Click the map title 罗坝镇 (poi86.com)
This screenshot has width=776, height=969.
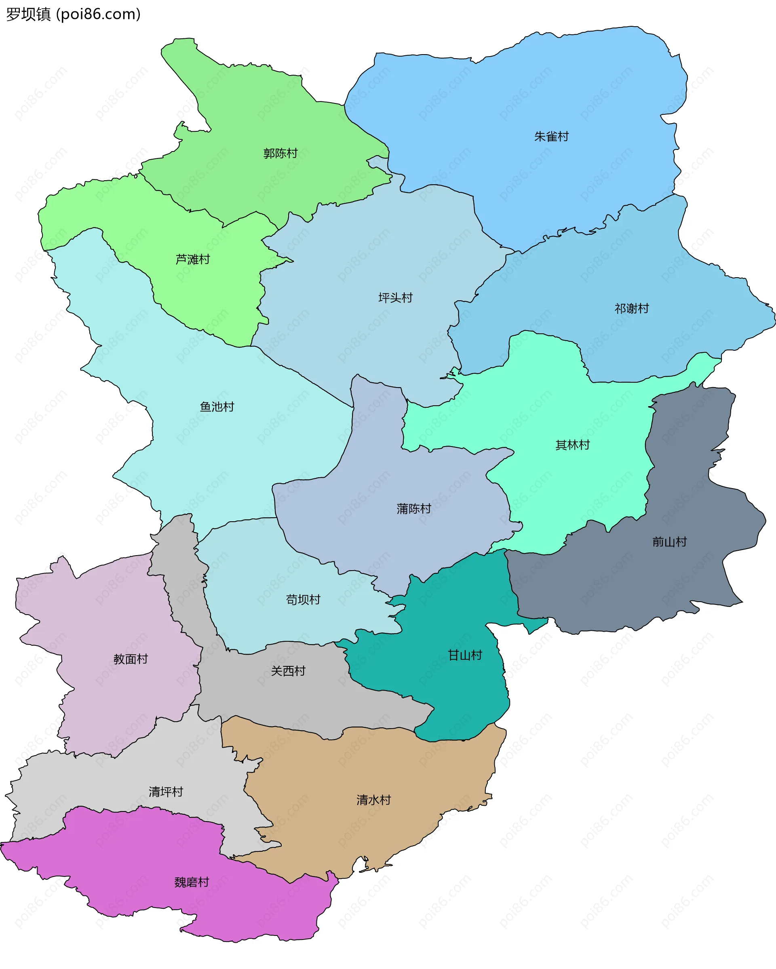coord(73,15)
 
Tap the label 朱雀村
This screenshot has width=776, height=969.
coord(551,136)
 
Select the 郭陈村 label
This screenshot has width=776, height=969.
coord(280,153)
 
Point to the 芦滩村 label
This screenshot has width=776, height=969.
coord(192,259)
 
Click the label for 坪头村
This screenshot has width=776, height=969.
coord(395,297)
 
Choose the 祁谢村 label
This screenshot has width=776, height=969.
coord(632,308)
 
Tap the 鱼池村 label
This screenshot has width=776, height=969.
coord(217,407)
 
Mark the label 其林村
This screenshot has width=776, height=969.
coord(572,445)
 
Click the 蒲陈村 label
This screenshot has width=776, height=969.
coord(413,508)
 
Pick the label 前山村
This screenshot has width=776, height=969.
coord(669,541)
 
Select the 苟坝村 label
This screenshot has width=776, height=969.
coord(303,600)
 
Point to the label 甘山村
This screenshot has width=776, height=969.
coord(465,655)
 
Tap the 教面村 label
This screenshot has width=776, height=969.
coord(131,659)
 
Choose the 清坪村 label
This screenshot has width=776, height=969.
coord(166,792)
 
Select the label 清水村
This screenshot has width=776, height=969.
coord(373,800)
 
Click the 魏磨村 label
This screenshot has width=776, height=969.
coord(192,882)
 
